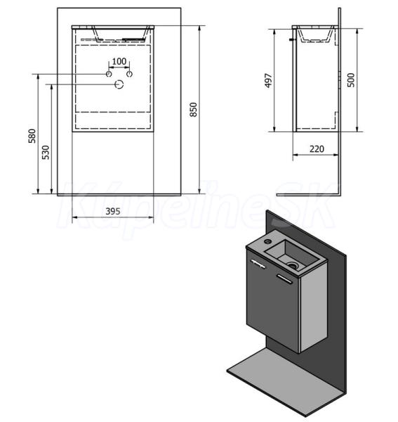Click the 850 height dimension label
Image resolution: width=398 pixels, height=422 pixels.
click(193, 110)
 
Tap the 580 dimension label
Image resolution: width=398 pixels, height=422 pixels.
click(32, 136)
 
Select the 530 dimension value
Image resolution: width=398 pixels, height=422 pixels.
click(46, 153)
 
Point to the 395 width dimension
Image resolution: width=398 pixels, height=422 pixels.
click(113, 211)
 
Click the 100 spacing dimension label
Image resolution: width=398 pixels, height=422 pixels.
click(119, 61)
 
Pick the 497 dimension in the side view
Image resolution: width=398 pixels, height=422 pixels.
click(269, 80)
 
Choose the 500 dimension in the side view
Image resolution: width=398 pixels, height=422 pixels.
click(351, 80)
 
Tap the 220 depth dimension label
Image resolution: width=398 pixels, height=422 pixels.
click(317, 149)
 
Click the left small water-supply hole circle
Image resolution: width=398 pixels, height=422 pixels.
click(109, 74)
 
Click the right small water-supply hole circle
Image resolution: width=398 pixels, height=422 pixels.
click(129, 74)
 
